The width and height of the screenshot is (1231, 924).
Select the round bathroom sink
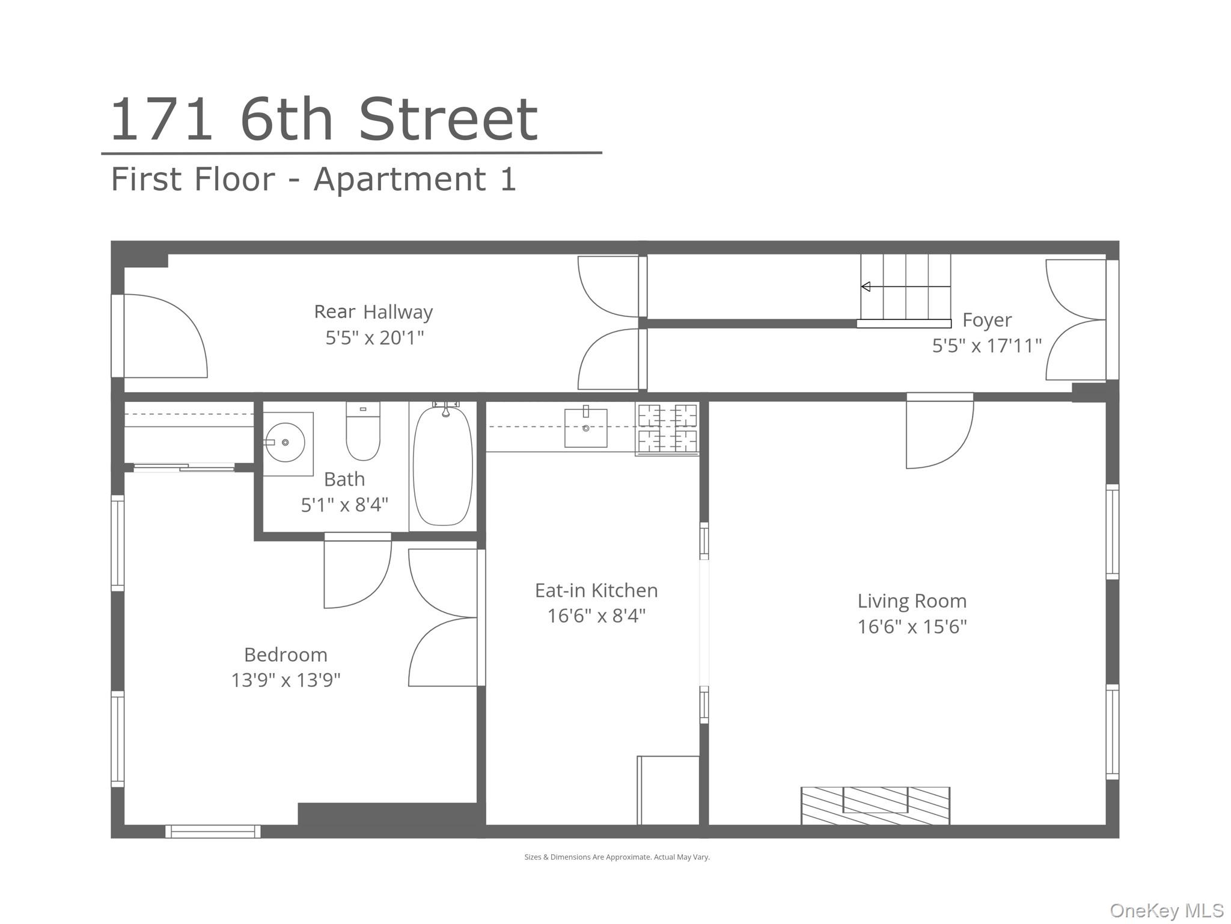(285, 443)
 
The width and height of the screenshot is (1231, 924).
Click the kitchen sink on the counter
(585, 428)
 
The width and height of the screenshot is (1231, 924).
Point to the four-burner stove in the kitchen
(667, 428)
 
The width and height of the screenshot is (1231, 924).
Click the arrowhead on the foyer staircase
(866, 287)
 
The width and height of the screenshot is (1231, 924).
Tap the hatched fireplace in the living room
(875, 805)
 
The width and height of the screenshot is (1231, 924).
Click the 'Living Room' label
(912, 601)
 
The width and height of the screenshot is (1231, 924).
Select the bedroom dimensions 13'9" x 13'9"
(286, 680)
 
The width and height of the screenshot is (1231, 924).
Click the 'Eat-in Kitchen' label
(596, 591)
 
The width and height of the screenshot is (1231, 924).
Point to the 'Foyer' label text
(987, 320)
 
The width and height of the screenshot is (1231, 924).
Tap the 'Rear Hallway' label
(373, 312)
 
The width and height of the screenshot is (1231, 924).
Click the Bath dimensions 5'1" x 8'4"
(344, 505)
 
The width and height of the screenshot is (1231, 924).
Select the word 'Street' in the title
(448, 120)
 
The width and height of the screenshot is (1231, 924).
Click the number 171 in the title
(161, 120)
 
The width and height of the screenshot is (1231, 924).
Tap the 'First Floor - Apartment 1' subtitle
(313, 179)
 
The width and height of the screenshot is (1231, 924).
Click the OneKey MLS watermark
(1166, 910)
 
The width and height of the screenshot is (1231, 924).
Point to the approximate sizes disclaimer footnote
(617, 857)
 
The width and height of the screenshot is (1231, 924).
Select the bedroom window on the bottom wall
(213, 831)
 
